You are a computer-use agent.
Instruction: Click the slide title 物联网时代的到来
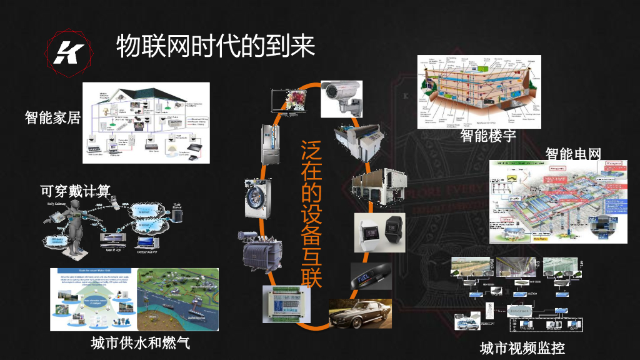215,46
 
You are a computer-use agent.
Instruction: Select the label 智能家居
52,117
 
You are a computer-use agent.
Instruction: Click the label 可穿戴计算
75,191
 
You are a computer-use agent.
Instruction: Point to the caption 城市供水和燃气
140,342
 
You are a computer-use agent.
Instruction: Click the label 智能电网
572,154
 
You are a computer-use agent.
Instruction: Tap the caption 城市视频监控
521,347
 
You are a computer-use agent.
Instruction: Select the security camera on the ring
342,97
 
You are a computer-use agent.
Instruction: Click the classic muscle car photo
360,312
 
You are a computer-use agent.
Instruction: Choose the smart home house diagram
146,123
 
